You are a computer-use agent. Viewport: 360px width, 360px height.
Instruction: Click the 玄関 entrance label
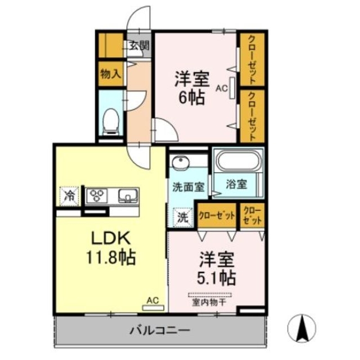pos(139,46)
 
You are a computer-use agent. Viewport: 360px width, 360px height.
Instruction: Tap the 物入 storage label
pos(110,74)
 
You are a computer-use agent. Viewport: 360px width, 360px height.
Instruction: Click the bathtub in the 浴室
pos(238,161)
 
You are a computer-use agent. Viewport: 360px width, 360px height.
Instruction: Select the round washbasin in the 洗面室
pos(181,164)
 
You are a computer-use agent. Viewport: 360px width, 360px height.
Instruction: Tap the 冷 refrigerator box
pos(70,196)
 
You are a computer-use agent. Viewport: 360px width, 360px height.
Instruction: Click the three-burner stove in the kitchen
pos(98,196)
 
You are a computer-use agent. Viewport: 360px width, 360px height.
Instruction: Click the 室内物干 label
pos(206,302)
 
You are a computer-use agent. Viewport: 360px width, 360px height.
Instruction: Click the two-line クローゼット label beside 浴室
pos(251,215)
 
